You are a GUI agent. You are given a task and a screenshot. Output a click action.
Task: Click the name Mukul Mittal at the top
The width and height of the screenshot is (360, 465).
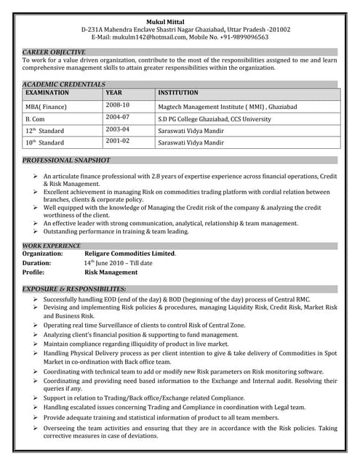click(180, 20)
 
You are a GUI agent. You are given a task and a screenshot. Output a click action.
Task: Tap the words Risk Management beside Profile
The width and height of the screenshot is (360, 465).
click(111, 272)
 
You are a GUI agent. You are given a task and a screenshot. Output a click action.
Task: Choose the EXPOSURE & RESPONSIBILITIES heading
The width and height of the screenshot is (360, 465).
click(79, 289)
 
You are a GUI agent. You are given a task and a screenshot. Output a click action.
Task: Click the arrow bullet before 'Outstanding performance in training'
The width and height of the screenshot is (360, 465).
click(36, 232)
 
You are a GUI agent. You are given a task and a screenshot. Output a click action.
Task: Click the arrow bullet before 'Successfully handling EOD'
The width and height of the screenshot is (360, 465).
click(36, 299)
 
